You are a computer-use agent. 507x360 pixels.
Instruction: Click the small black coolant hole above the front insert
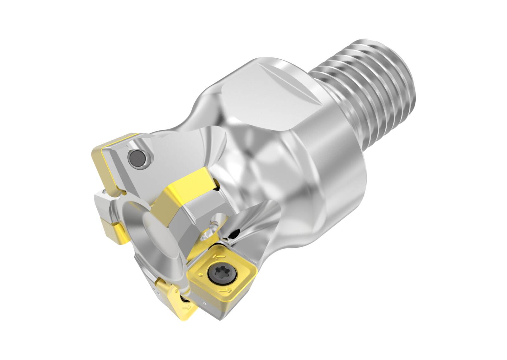click(x=234, y=234)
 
